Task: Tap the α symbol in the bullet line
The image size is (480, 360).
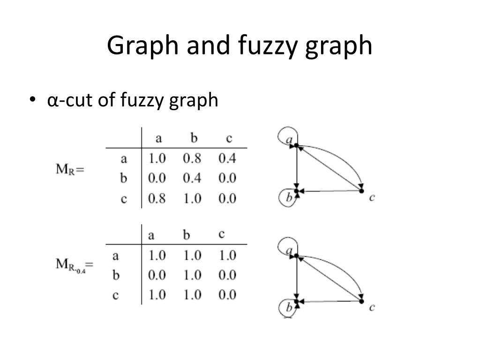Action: click(x=52, y=100)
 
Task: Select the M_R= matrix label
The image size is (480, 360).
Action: click(x=70, y=169)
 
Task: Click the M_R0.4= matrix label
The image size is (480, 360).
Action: click(x=75, y=265)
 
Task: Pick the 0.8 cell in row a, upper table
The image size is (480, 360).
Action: click(x=192, y=158)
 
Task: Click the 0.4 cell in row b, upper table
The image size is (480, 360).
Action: click(x=192, y=178)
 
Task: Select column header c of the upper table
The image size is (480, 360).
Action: click(x=228, y=138)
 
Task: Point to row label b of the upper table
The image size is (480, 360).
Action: click(x=124, y=179)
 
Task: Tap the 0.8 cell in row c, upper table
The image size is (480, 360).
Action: click(x=157, y=198)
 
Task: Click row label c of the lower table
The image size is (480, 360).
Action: click(x=116, y=295)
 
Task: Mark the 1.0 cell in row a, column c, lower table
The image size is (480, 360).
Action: click(x=227, y=255)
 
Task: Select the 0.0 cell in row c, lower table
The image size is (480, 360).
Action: click(x=227, y=295)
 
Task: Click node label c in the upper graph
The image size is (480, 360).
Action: click(x=372, y=197)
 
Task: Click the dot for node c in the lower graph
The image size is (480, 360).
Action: click(x=361, y=301)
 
